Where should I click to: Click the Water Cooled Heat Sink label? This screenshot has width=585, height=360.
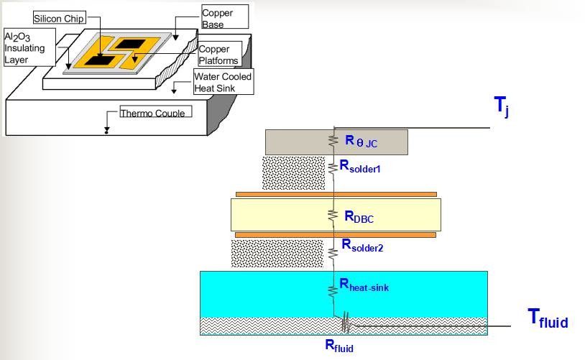tap(223, 81)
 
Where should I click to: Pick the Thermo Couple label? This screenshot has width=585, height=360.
tap(152, 113)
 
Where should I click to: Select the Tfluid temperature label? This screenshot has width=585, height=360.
tap(548, 318)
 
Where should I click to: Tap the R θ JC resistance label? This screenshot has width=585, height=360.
tap(361, 142)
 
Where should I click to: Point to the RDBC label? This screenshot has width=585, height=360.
tap(359, 216)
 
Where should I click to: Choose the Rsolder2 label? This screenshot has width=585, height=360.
tap(362, 246)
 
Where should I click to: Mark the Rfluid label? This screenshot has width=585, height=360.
tap(339, 345)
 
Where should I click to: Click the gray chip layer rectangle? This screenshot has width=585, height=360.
tap(295, 142)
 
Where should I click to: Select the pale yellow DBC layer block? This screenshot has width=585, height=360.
tap(273, 215)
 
